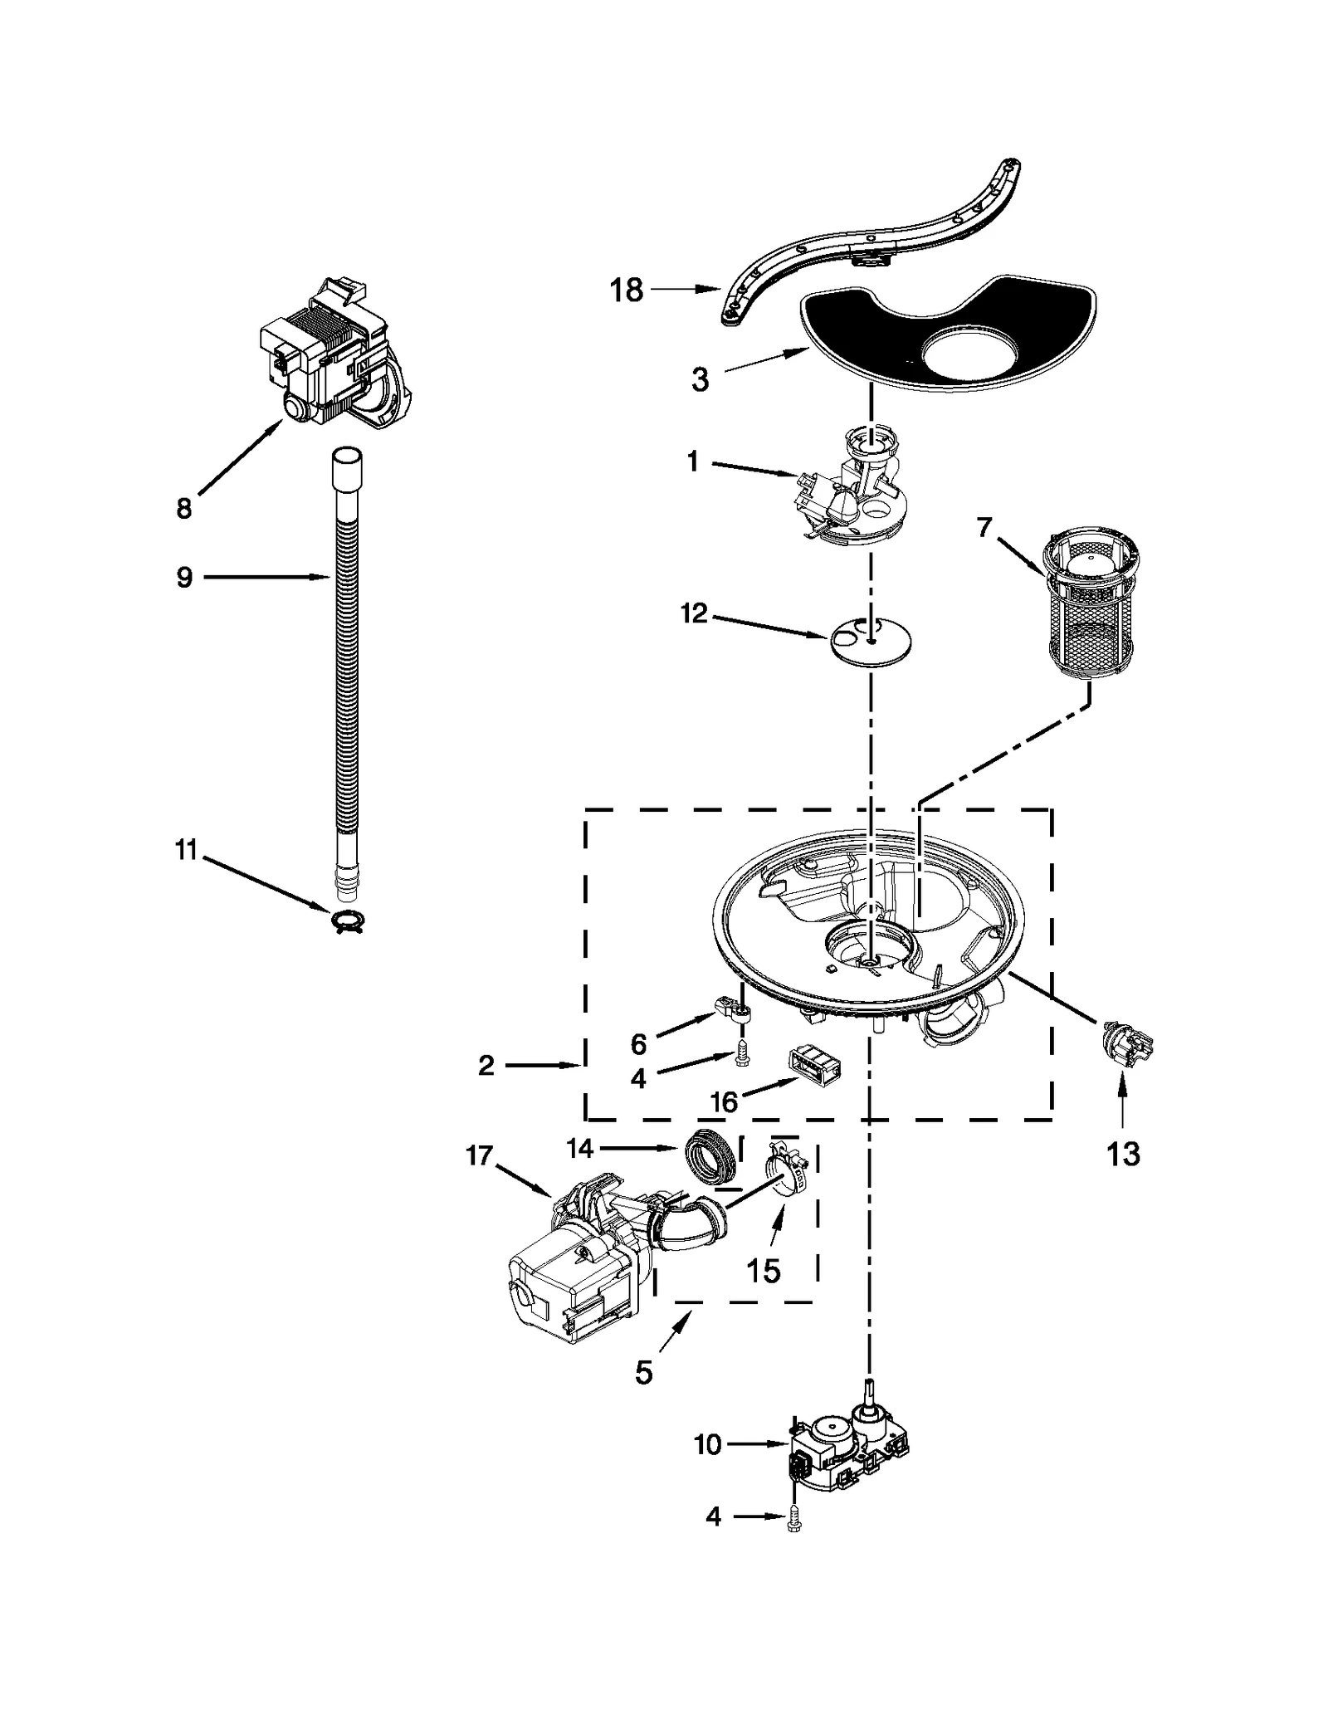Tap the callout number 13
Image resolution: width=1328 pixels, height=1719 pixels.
[x=1123, y=1154]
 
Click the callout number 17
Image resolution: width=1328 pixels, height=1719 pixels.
[x=480, y=1155]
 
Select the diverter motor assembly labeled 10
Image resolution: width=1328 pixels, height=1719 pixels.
[x=847, y=1461]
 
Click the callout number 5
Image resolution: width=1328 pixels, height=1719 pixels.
[x=644, y=1372]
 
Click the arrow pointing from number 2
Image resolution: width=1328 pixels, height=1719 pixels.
[x=544, y=1065]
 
